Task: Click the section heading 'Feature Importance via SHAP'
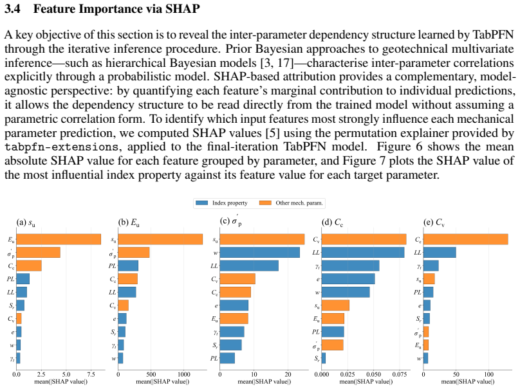click(x=116, y=8)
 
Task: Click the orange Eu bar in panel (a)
click(x=59, y=239)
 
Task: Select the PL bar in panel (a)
click(x=23, y=279)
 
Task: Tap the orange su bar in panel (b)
click(x=160, y=239)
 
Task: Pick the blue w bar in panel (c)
click(x=259, y=253)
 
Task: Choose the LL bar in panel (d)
click(x=363, y=253)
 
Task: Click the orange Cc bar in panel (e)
click(x=465, y=239)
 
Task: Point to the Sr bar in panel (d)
click(x=324, y=358)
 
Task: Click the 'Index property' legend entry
click(x=221, y=203)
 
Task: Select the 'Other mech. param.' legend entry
click(x=291, y=203)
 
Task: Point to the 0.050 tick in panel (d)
click(x=373, y=374)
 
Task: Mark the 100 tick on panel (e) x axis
click(x=489, y=374)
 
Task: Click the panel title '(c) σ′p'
click(x=231, y=221)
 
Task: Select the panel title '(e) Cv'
click(x=434, y=222)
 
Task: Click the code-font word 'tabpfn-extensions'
click(x=61, y=147)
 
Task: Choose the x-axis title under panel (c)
click(x=265, y=381)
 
